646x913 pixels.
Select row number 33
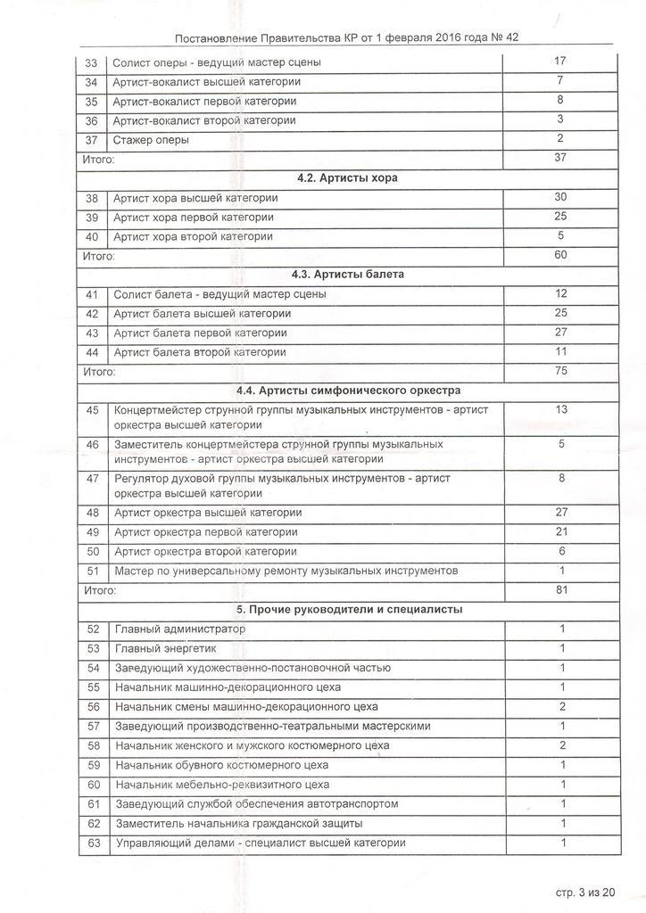91,63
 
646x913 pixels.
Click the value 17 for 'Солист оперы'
560,62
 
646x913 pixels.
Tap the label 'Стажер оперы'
151,140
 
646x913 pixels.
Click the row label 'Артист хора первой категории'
193,218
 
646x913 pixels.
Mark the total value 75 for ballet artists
560,371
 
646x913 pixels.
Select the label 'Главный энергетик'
165,649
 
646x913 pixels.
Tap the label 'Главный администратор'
179,629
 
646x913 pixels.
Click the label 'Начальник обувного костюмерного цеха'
222,765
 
